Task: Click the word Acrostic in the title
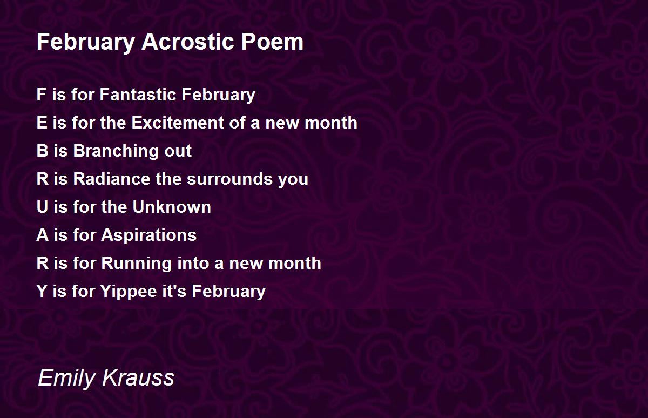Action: [187, 42]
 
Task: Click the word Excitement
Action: [178, 123]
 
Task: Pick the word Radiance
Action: [112, 179]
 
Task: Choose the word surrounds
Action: [230, 179]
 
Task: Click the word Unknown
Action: [172, 207]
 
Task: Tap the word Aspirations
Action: [148, 235]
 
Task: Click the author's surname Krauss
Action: [138, 377]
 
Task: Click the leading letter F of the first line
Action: [42, 95]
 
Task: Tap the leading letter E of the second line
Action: [42, 123]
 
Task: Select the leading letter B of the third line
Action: [43, 151]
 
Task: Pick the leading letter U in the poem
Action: [43, 207]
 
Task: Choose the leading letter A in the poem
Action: [43, 235]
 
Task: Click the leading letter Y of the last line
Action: [42, 291]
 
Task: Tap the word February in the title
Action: [86, 43]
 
